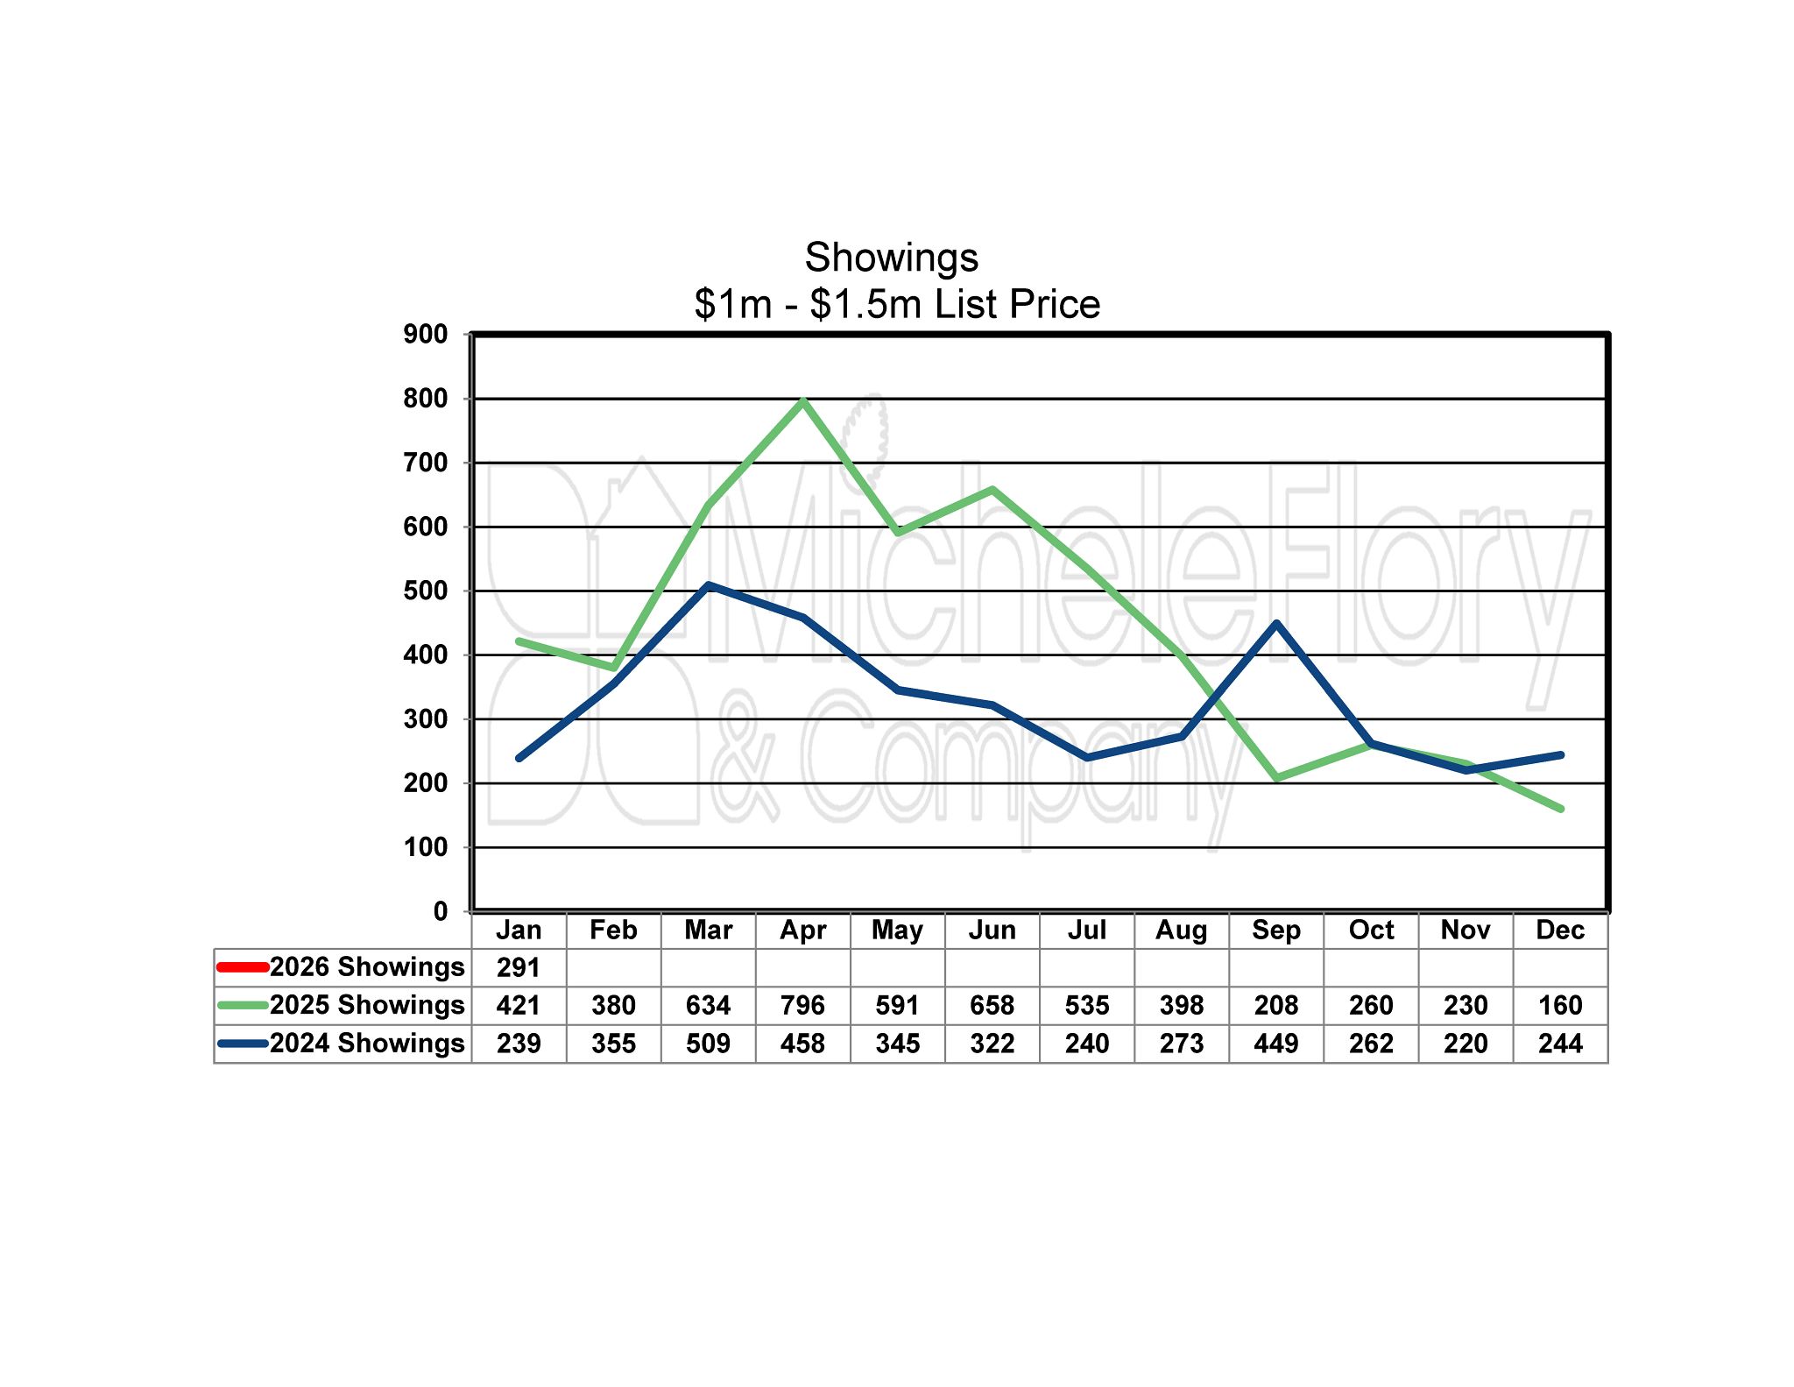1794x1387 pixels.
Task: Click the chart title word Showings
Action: coord(891,258)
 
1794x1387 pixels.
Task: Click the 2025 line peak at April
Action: coord(803,401)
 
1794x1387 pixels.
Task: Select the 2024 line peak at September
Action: coord(1276,623)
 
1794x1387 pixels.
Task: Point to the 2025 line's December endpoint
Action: coord(1560,809)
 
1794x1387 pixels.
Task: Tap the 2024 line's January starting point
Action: coord(519,758)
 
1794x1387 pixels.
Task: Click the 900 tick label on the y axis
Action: coord(425,334)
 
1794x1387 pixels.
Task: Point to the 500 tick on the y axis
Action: coord(425,591)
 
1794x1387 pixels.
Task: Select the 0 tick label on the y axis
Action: coord(440,911)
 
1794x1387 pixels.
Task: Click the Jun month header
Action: coord(992,930)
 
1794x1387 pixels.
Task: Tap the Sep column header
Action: coord(1275,930)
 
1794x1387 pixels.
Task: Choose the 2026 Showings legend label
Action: coord(366,966)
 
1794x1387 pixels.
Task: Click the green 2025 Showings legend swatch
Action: coord(243,1005)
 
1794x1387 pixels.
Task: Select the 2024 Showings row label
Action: coord(366,1043)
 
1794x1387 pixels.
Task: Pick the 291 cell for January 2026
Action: coord(519,967)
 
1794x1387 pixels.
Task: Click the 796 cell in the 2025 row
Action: coord(802,1005)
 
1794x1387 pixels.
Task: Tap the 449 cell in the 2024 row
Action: coord(1275,1044)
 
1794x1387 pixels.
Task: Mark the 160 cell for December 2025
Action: coord(1560,1005)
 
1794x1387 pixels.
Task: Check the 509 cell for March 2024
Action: coord(708,1044)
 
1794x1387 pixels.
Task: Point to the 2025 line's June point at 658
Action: coord(992,489)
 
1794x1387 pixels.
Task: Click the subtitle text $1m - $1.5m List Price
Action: coord(896,304)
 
